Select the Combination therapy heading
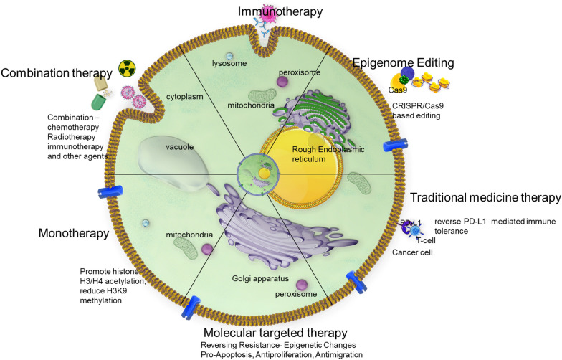click(x=57, y=73)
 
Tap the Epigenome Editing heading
click(x=404, y=63)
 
